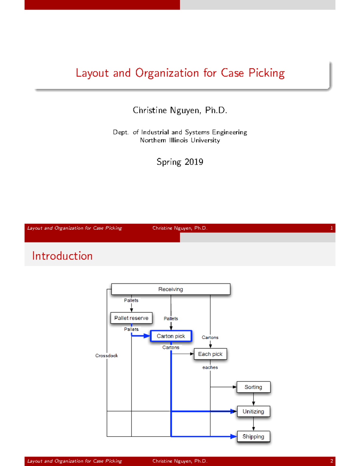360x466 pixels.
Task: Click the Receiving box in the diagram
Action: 171,289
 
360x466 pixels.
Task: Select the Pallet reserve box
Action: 131,318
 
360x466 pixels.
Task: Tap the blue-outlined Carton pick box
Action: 171,336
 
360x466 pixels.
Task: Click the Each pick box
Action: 210,354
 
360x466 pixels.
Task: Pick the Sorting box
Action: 253,387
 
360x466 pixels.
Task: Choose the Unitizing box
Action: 253,411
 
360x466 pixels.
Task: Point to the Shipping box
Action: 253,437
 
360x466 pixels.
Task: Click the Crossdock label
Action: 106,356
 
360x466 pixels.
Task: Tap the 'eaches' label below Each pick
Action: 210,367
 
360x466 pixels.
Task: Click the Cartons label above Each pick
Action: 210,337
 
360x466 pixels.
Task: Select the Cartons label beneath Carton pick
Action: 171,347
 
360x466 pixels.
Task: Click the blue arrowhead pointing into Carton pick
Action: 147,336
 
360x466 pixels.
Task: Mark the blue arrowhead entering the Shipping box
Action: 233,437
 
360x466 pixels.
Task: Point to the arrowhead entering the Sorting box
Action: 235,387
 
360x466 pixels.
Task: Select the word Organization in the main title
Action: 167,73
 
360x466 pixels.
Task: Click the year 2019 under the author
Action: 194,162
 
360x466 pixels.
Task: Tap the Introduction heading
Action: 62,256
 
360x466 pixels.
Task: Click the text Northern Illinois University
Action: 180,140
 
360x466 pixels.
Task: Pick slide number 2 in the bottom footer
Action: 331,461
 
